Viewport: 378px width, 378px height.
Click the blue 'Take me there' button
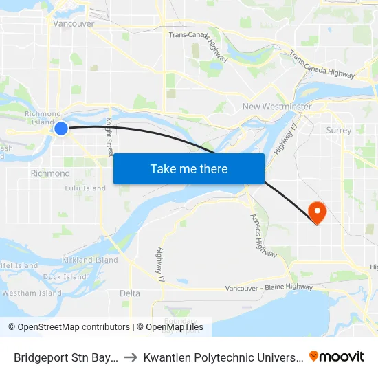[189, 168]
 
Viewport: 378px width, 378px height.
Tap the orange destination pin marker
[317, 212]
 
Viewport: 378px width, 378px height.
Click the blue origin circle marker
[61, 128]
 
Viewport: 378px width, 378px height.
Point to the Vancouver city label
[74, 23]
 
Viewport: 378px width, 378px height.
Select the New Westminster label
[277, 107]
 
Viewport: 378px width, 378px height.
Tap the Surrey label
[339, 130]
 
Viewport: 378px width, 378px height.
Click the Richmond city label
[50, 173]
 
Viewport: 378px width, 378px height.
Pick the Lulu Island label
[85, 188]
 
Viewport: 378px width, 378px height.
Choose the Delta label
[130, 293]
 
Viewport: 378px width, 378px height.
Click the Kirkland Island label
[90, 260]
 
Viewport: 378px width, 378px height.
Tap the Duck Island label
[65, 277]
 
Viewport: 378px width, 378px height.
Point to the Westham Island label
[32, 293]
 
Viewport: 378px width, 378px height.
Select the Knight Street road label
[109, 136]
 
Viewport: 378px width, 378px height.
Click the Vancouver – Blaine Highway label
[269, 287]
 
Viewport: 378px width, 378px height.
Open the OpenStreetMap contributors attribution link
[70, 327]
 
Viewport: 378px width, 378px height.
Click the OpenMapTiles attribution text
[175, 327]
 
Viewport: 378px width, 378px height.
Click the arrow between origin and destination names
[132, 357]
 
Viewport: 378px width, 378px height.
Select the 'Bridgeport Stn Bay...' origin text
[67, 357]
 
